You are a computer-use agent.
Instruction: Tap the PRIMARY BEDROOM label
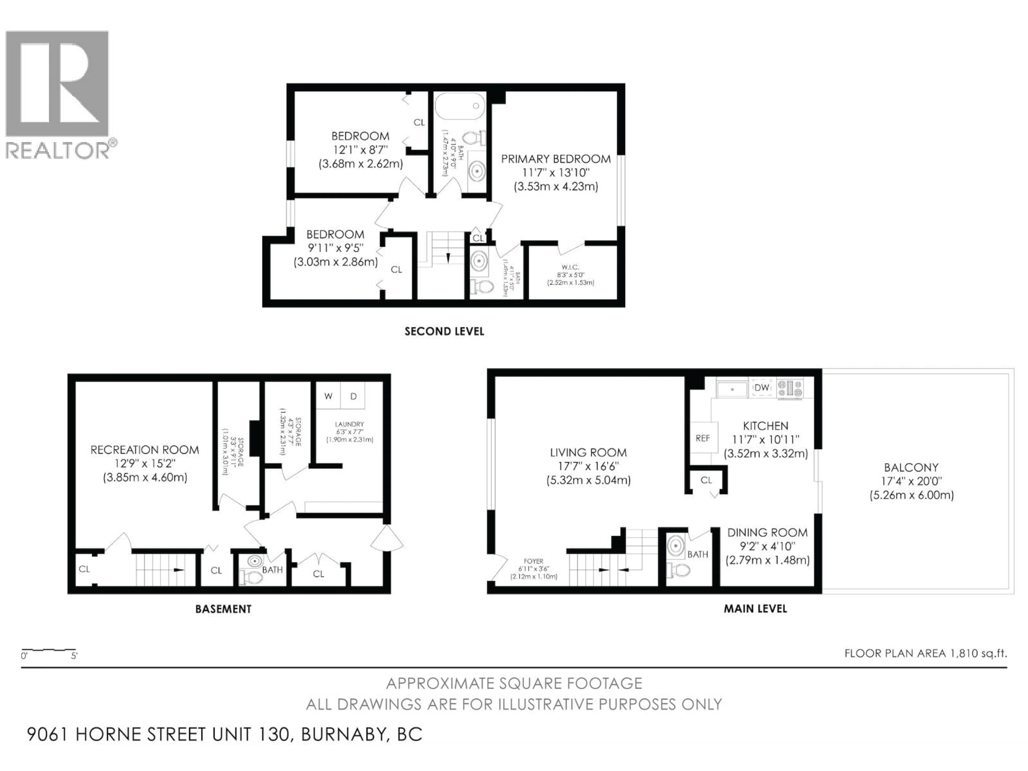[555, 159]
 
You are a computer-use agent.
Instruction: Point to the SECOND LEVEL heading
[444, 331]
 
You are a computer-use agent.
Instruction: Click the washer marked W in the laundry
[328, 396]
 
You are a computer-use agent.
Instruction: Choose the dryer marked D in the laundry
[353, 396]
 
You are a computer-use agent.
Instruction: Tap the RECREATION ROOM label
[145, 450]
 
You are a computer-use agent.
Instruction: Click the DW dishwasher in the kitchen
[762, 388]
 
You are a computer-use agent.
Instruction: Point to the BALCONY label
[911, 467]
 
